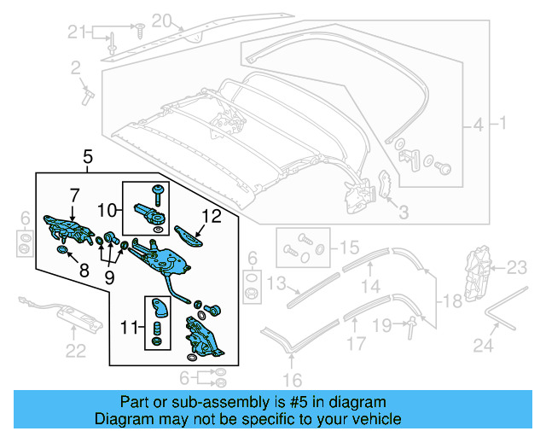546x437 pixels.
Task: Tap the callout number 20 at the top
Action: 161,20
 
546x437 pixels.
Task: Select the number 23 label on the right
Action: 517,268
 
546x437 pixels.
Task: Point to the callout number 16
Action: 292,380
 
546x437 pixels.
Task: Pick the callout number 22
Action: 76,349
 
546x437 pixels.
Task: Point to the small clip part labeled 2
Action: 87,95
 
